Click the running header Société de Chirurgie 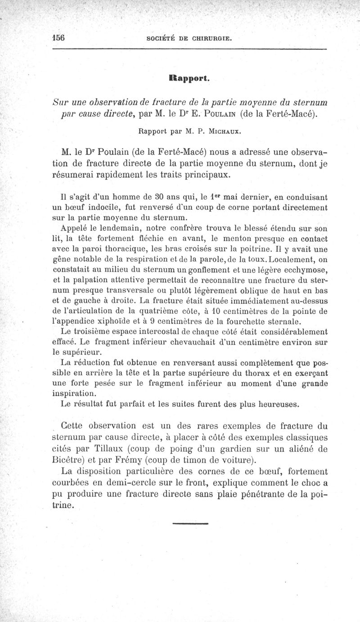coord(189,39)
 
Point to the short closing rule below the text coord(189,524)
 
